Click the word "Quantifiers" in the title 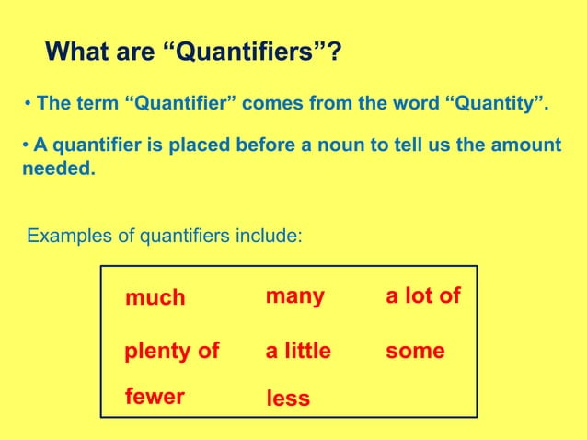click(252, 52)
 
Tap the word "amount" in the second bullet click(526, 146)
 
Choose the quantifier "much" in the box click(155, 297)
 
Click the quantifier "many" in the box click(294, 295)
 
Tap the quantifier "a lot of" click(422, 295)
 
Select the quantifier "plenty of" click(171, 351)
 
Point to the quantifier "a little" click(298, 351)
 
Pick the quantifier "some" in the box click(416, 351)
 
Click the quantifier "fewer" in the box click(155, 397)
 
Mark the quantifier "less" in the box click(287, 399)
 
